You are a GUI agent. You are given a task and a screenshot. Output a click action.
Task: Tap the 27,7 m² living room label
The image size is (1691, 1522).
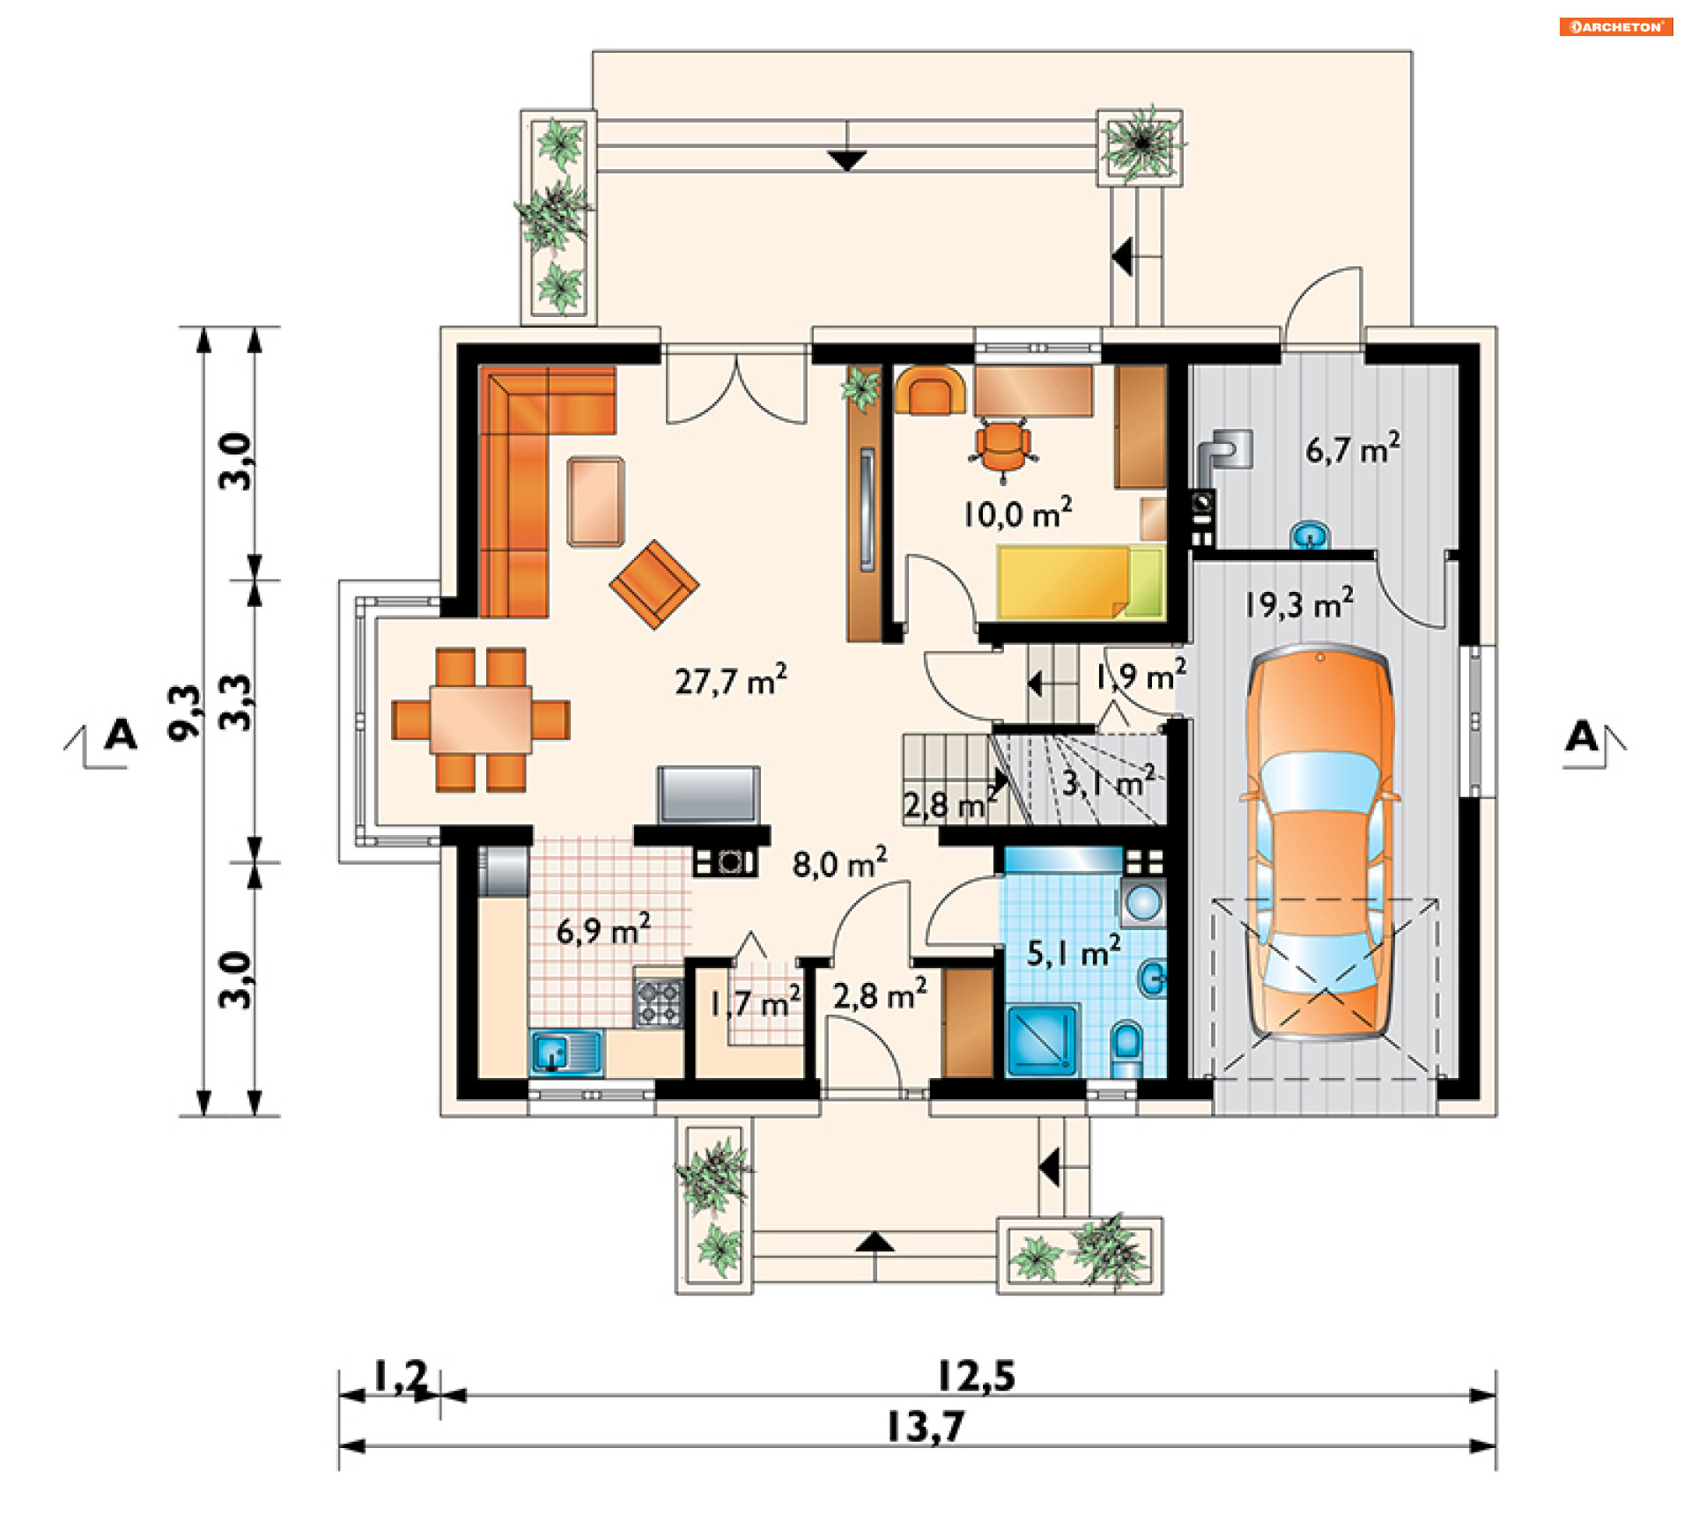731,680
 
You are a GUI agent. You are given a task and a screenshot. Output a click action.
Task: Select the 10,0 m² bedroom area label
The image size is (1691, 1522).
1017,513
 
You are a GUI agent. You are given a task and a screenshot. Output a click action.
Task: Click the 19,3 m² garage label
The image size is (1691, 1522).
1299,604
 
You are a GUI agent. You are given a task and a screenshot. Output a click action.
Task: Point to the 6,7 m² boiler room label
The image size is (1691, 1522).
1353,449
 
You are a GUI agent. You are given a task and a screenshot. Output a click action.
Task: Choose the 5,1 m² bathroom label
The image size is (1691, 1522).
1074,952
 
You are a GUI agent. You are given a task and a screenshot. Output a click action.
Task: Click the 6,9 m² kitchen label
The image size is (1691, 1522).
603,930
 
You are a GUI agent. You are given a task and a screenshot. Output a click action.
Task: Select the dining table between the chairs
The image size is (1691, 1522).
481,720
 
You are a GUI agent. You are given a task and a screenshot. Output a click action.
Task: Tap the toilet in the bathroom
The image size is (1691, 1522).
1126,1048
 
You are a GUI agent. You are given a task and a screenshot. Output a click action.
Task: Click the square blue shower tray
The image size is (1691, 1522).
1043,1040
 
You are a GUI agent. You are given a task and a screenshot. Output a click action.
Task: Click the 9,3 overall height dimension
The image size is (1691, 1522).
186,713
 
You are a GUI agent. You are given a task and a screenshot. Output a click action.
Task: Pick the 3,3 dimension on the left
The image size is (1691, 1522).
236,702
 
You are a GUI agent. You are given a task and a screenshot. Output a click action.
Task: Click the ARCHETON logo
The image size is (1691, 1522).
1616,27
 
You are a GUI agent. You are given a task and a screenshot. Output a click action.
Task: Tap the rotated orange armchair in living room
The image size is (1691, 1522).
654,584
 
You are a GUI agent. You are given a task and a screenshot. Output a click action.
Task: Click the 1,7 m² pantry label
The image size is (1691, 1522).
755,1003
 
